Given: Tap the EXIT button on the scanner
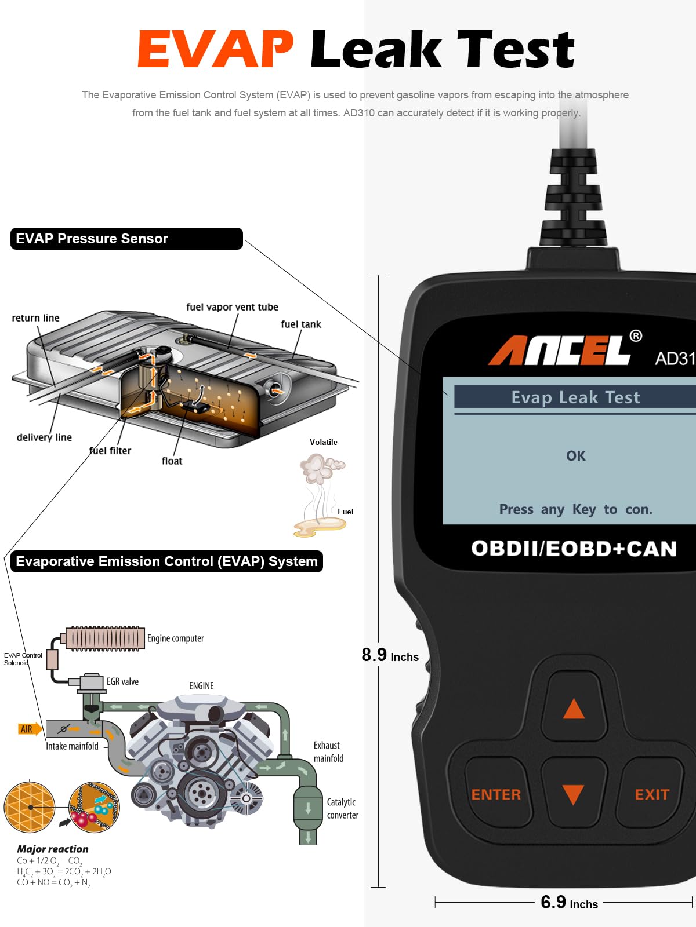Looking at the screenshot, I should [x=651, y=794].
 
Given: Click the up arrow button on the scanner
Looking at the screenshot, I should [x=574, y=708].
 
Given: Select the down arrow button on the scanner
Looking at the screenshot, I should [x=574, y=794].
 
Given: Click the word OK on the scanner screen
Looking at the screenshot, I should [x=576, y=456].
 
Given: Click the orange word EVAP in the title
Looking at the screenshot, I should [x=215, y=50].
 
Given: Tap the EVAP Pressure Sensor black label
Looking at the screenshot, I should [x=126, y=239].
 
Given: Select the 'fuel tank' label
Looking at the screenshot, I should [x=300, y=324].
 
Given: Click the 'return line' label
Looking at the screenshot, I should [x=35, y=318].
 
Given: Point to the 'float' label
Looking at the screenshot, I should [x=172, y=461].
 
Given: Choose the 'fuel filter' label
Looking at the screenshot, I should [x=110, y=451].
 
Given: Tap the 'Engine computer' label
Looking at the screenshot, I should [x=175, y=638].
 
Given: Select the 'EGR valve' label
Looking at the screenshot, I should [x=122, y=682].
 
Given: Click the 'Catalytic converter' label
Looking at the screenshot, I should [x=342, y=808].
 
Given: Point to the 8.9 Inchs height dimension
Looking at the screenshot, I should [x=390, y=655].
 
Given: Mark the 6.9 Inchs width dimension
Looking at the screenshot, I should [x=569, y=903].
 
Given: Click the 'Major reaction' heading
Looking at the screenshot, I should [x=53, y=849].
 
